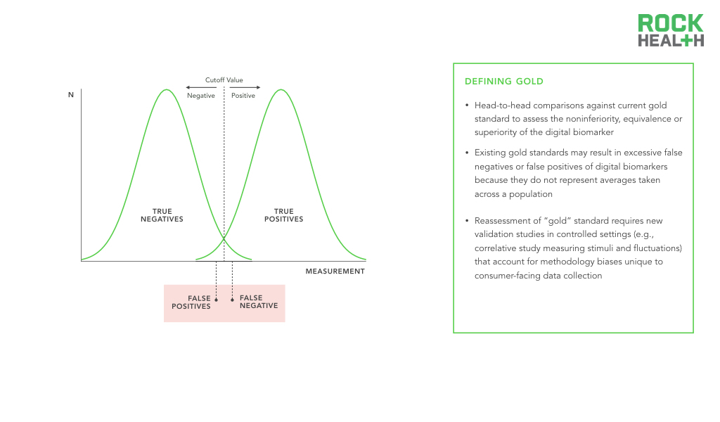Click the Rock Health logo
tap(670, 30)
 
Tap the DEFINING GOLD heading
tap(503, 82)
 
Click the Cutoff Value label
tap(224, 80)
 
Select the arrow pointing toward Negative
tap(201, 87)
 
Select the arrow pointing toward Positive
tap(245, 87)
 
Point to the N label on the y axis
tap(71, 94)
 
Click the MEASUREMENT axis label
tap(335, 271)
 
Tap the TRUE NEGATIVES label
tap(162, 215)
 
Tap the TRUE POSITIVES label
tap(284, 215)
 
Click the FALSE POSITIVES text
tap(191, 302)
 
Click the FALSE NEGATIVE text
tap(259, 302)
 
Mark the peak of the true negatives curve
tap(167, 89)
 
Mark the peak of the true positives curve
tap(281, 89)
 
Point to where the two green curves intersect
tap(224, 238)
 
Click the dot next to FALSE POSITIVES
tap(217, 300)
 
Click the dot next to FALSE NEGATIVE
tap(232, 300)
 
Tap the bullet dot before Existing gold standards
tap(467, 153)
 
